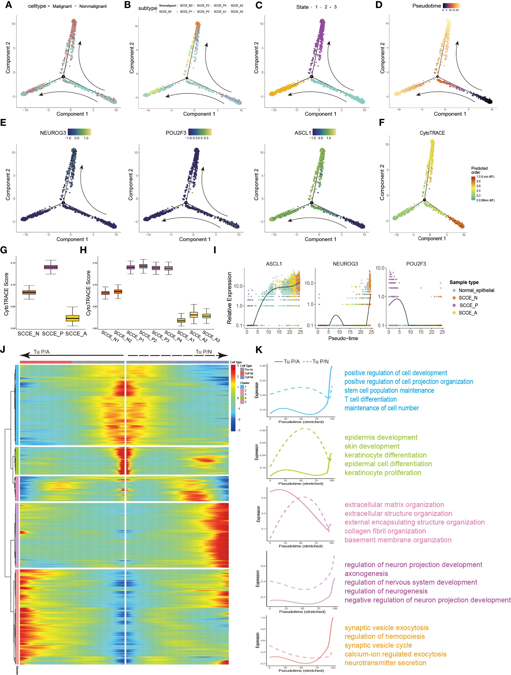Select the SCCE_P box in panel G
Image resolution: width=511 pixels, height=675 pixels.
(51, 267)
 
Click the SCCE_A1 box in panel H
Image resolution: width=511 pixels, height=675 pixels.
(181, 320)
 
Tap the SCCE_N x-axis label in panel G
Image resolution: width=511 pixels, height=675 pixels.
(28, 334)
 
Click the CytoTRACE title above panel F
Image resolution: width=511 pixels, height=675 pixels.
(432, 133)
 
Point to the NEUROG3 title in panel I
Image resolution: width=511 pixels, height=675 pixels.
(345, 264)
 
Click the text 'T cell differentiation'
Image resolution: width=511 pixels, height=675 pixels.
(370, 399)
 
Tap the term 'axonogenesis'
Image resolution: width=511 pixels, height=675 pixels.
(366, 573)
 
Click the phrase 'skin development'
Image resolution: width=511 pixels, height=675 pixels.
(372, 446)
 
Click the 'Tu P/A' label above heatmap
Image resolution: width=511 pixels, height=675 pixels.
(42, 352)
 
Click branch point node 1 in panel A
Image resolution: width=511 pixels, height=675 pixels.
(63, 77)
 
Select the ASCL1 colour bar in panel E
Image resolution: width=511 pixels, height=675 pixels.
(324, 132)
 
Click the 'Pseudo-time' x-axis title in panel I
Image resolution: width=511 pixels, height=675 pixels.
(343, 338)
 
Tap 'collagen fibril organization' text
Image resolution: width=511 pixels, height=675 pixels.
(385, 531)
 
